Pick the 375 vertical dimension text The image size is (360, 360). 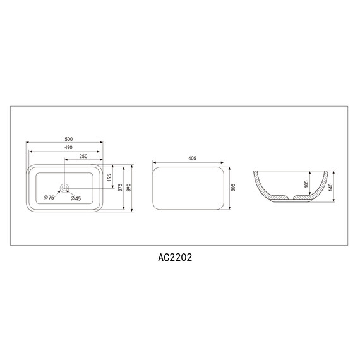coord(120,188)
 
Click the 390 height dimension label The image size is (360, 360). coord(129,188)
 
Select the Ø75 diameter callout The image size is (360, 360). coord(48,198)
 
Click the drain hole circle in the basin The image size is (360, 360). coord(64,188)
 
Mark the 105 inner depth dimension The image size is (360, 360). coord(306,184)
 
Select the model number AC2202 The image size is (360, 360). coord(175,258)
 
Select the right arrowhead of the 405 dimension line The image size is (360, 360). coord(225,164)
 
